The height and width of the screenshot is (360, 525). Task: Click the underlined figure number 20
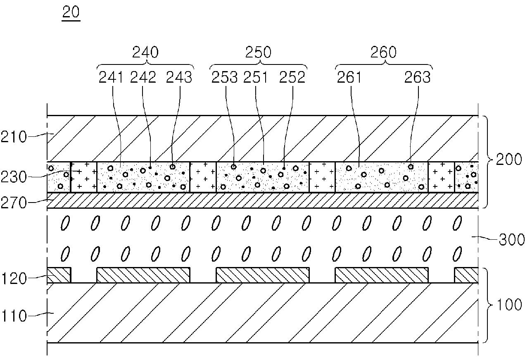click(71, 12)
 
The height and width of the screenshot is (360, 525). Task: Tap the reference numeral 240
click(145, 52)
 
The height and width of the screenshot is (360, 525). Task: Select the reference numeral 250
click(258, 52)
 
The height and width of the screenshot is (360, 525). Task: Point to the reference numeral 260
click(383, 52)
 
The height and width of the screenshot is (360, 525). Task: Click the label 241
click(111, 77)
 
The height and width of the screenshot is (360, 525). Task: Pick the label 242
click(143, 77)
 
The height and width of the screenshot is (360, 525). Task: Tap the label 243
click(179, 77)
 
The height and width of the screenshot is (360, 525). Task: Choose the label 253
click(225, 77)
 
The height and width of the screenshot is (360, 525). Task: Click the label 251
click(255, 77)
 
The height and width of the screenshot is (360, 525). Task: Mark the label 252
click(292, 77)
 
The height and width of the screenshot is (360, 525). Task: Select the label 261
click(349, 77)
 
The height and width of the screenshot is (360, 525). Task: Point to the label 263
click(418, 77)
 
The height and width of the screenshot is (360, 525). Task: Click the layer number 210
click(14, 137)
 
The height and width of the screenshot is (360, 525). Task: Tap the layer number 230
click(14, 177)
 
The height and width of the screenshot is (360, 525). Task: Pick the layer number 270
click(14, 203)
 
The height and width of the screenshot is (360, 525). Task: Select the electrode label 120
click(14, 279)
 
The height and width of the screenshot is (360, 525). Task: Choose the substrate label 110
click(14, 316)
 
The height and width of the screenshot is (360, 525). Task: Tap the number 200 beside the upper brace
click(509, 160)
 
